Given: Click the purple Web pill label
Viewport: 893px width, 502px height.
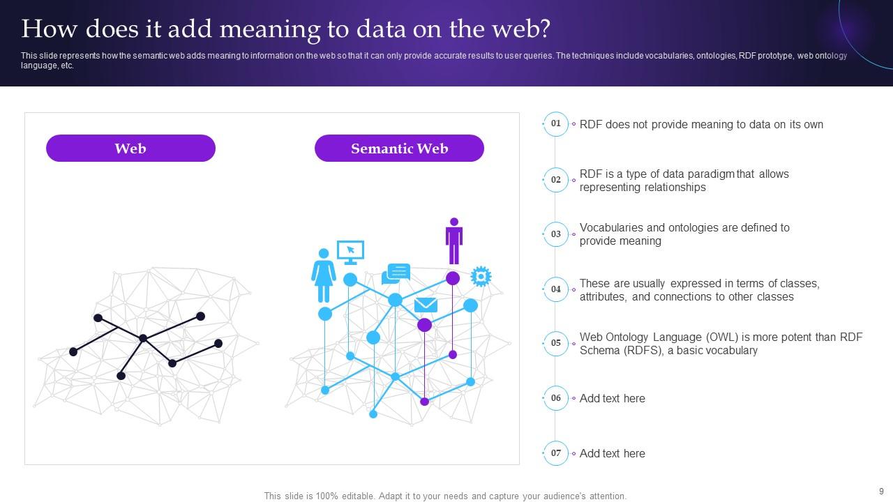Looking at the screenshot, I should coord(130,149).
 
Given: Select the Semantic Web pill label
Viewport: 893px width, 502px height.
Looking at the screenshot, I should coord(399,149).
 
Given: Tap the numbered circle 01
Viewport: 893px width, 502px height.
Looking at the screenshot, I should coord(556,124).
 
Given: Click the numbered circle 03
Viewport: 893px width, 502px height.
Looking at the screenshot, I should coord(556,234).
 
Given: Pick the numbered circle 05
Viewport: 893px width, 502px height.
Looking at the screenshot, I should coord(556,343).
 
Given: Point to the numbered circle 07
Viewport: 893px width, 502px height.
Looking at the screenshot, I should coord(556,453).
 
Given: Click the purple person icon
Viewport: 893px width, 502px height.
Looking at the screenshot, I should coord(454,241).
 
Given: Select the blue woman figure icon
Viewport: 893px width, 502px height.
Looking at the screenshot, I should coord(324,275).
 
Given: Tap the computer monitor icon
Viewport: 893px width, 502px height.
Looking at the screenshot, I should coord(350,252).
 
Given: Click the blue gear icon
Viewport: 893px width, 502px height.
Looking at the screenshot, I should coord(481,276).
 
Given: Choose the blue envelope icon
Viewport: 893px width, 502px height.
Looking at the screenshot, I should coord(426,305).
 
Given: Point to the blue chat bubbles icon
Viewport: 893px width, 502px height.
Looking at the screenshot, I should coord(396,273).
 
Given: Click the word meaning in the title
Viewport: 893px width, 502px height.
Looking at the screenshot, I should coord(269,29).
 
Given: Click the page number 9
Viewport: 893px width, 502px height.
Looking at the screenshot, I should coord(881,492).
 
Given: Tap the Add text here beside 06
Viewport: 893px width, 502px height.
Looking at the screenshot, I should coord(612,399).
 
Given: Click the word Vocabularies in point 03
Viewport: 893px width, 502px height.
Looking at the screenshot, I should coord(612,227).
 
